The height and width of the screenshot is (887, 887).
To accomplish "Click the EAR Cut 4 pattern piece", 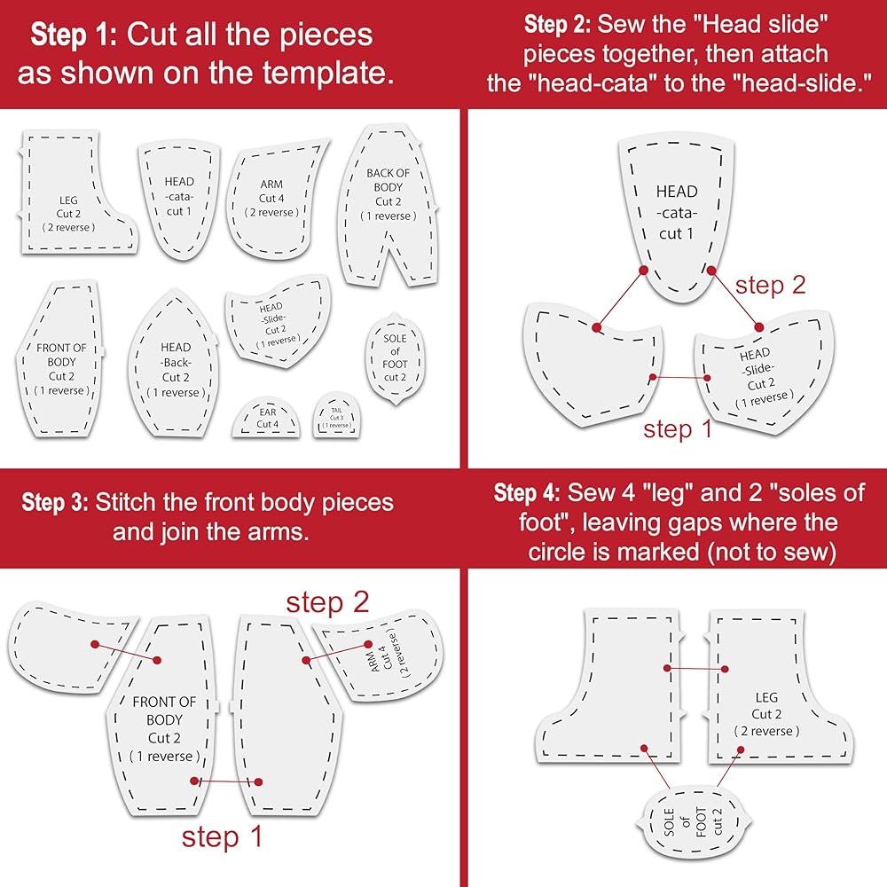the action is [x=266, y=419].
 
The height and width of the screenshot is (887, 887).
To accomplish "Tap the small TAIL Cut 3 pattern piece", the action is [x=337, y=415].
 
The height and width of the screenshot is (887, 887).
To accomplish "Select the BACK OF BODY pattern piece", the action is [x=389, y=207].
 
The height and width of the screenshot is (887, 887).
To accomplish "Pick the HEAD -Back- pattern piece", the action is [x=174, y=365].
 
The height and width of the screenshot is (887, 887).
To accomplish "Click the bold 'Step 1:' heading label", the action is [x=74, y=35].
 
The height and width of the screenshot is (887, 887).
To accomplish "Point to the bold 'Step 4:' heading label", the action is [x=527, y=492].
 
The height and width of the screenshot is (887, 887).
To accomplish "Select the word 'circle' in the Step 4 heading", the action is [x=557, y=552].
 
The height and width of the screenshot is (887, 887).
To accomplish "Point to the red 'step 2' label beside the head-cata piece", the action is [x=770, y=285].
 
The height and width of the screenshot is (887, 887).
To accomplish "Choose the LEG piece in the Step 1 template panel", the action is [x=78, y=192].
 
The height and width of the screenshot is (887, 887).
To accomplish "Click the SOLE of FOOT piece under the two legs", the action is [x=694, y=821].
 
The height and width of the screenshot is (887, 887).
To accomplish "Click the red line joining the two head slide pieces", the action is [x=679, y=377].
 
